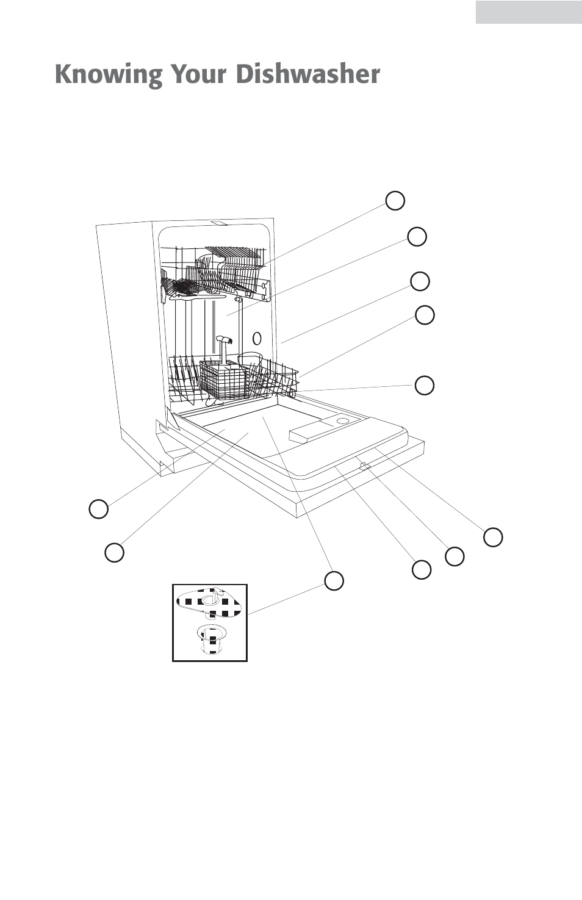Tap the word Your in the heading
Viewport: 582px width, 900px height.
point(199,74)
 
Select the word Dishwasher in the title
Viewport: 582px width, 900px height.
point(308,74)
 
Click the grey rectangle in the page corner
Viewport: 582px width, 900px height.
point(528,12)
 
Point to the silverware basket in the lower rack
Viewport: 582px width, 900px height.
point(223,380)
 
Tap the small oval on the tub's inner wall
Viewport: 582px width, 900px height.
point(257,337)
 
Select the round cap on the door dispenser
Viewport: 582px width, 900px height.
point(343,421)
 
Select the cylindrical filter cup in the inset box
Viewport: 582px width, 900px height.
point(210,640)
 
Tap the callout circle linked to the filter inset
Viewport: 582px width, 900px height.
point(334,580)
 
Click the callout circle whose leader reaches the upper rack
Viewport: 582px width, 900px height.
point(395,200)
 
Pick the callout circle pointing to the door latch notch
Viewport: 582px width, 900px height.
point(454,556)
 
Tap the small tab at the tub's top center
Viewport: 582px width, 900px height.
point(217,223)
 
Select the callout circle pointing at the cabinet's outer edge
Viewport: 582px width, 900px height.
point(420,281)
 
